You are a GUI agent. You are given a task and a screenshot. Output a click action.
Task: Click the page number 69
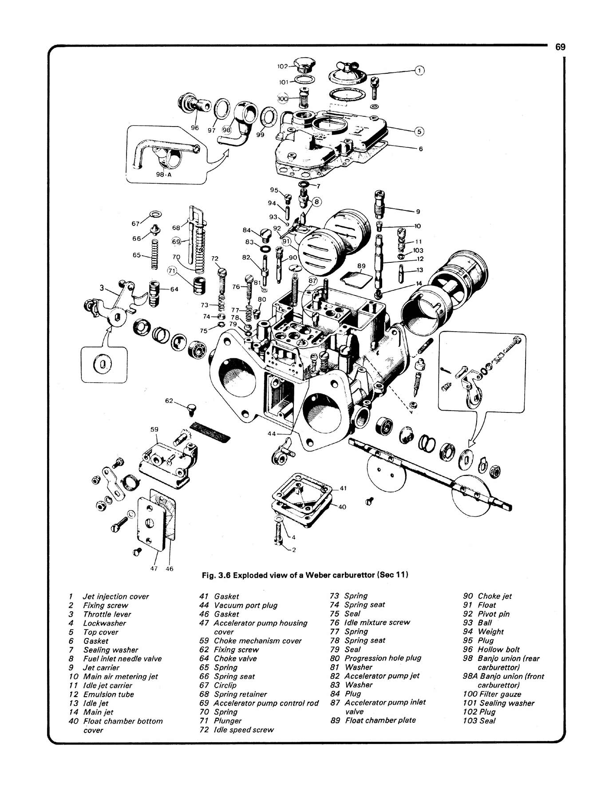tap(560, 47)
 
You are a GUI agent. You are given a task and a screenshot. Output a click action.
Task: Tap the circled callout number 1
tap(420, 70)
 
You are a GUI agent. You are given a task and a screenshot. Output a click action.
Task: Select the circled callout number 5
tap(419, 131)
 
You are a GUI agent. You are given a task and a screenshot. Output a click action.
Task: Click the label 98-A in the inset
tap(164, 174)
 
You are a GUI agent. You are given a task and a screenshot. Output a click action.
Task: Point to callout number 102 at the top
tap(283, 66)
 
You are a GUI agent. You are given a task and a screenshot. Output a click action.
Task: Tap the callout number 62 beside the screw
tap(169, 400)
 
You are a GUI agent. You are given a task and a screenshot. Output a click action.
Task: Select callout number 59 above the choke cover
tap(154, 429)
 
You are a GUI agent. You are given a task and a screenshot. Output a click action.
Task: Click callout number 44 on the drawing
tap(272, 433)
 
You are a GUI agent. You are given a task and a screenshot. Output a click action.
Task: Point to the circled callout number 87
tap(313, 281)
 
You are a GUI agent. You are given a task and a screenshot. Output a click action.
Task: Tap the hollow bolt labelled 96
tap(191, 104)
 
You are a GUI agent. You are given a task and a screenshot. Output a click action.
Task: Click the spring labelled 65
tap(154, 254)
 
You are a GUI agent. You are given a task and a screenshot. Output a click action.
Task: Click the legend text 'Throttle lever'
tap(107, 614)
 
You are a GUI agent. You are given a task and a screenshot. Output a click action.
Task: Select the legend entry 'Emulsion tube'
tap(108, 694)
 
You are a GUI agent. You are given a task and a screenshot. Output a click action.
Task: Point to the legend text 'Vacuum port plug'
tap(245, 605)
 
